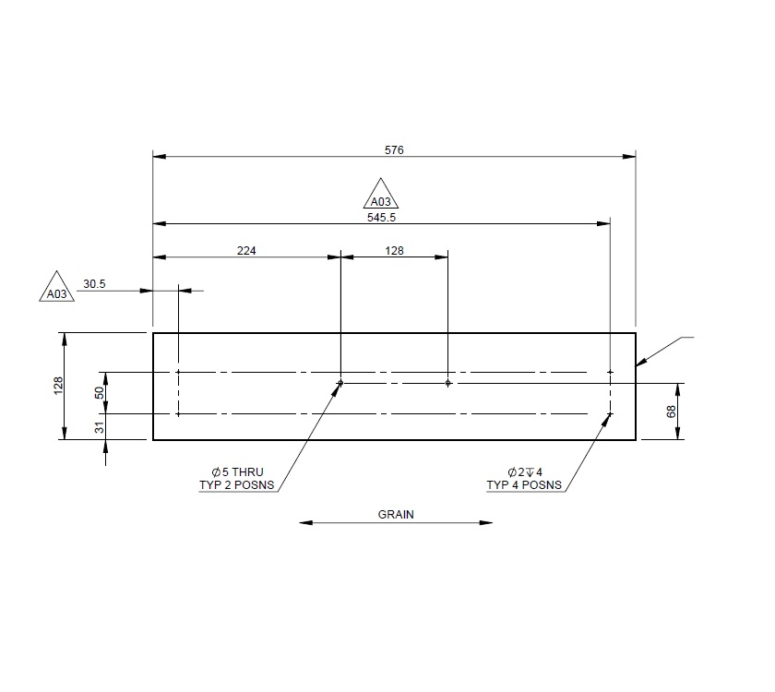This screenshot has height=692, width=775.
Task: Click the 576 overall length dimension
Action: point(394,149)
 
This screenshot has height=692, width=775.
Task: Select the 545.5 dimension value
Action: point(381,217)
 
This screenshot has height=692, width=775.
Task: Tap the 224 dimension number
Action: point(246,250)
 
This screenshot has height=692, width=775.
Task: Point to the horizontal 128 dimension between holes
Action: point(394,250)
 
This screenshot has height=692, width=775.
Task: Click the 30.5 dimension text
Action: point(95,284)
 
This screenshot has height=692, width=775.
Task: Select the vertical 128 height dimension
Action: point(57,386)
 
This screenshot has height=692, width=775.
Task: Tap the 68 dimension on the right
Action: point(671,412)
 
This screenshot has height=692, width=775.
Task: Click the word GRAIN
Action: point(396,515)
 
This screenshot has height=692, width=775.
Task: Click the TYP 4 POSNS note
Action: point(524,484)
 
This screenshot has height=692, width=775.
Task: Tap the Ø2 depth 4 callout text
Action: point(530,471)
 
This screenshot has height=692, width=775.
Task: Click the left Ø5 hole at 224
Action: point(340,382)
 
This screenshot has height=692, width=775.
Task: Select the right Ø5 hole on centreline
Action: point(447,382)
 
